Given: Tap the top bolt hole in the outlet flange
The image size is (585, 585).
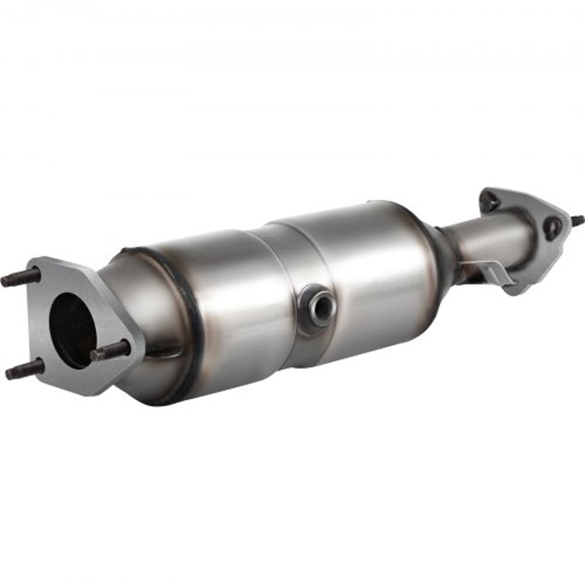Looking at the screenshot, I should tap(489, 202).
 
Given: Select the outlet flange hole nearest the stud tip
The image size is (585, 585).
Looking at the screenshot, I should tap(552, 226).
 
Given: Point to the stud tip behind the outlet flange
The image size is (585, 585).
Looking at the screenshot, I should tap(577, 221).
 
